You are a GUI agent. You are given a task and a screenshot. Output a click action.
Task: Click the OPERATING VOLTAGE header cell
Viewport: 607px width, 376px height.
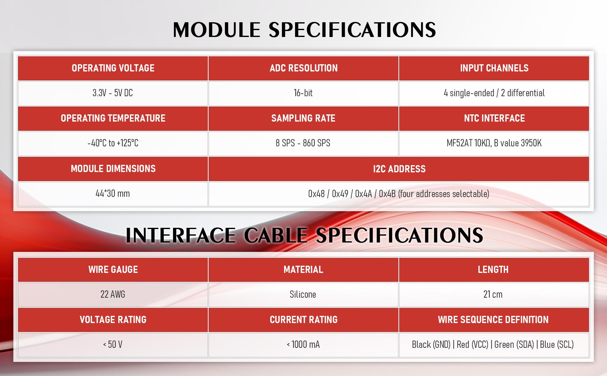point(113,68)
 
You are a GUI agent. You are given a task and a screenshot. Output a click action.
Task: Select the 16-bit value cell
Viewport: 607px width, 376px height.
point(303,93)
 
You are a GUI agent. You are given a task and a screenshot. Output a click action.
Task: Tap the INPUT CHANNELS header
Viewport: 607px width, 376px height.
point(494,68)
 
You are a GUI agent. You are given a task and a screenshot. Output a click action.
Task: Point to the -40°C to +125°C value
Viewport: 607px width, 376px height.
point(113,143)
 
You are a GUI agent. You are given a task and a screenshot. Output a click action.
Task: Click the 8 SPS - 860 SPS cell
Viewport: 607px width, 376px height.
point(303,143)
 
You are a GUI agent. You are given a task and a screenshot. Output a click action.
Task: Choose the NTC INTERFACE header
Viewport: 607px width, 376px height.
point(494,118)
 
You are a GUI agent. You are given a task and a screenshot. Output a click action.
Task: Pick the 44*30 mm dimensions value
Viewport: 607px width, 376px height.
point(113,193)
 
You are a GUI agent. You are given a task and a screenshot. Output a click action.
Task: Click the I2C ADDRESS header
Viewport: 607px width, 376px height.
point(399,169)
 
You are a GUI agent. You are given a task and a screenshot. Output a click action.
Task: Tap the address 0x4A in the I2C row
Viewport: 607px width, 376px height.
point(364,194)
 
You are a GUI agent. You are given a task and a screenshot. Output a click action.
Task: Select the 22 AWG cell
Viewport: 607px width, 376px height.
point(113,295)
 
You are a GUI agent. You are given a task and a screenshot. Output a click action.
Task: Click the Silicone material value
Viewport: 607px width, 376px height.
point(303,294)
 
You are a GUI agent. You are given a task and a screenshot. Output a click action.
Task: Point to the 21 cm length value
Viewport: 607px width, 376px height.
point(493,294)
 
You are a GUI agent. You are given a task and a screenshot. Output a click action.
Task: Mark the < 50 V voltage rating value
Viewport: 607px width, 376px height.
point(113,345)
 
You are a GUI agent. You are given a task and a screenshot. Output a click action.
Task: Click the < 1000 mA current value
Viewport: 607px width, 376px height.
point(303,345)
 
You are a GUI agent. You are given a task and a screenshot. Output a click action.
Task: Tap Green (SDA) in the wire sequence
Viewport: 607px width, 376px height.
point(514,345)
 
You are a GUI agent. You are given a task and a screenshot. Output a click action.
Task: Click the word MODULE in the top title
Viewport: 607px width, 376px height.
point(217,30)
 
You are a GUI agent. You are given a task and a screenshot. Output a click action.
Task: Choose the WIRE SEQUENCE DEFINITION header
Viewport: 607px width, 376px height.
point(493,320)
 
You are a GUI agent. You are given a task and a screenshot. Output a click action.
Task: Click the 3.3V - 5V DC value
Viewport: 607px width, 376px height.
point(113,93)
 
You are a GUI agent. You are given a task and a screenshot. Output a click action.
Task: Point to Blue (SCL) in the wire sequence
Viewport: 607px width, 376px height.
point(557,345)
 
